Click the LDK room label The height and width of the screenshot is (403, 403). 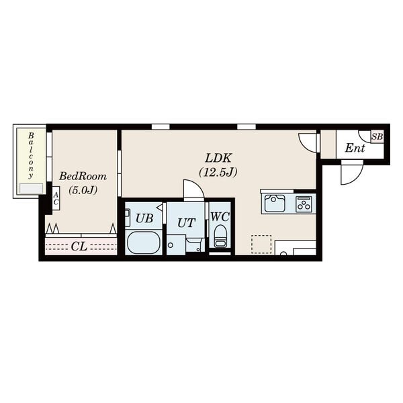click(218, 158)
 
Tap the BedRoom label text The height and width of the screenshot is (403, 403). click(83, 176)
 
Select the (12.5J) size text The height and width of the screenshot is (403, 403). click(218, 172)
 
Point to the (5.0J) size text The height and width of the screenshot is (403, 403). click(83, 190)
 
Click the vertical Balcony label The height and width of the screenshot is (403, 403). click(31, 155)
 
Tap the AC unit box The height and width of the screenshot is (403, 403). click(56, 198)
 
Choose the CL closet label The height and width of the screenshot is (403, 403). click(79, 247)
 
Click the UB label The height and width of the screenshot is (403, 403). click(144, 218)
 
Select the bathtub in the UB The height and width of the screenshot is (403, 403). click(144, 242)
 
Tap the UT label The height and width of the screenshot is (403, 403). click(186, 223)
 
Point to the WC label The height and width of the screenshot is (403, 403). click(220, 217)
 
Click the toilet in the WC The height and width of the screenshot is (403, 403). click(220, 236)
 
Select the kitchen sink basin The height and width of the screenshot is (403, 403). click(275, 204)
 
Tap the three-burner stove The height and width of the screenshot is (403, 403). click(304, 204)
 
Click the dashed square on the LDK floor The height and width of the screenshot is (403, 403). click(261, 244)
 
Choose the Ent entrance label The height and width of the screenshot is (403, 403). click(355, 148)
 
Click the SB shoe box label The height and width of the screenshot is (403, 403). click(377, 136)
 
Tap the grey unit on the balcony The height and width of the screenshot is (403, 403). click(32, 188)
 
